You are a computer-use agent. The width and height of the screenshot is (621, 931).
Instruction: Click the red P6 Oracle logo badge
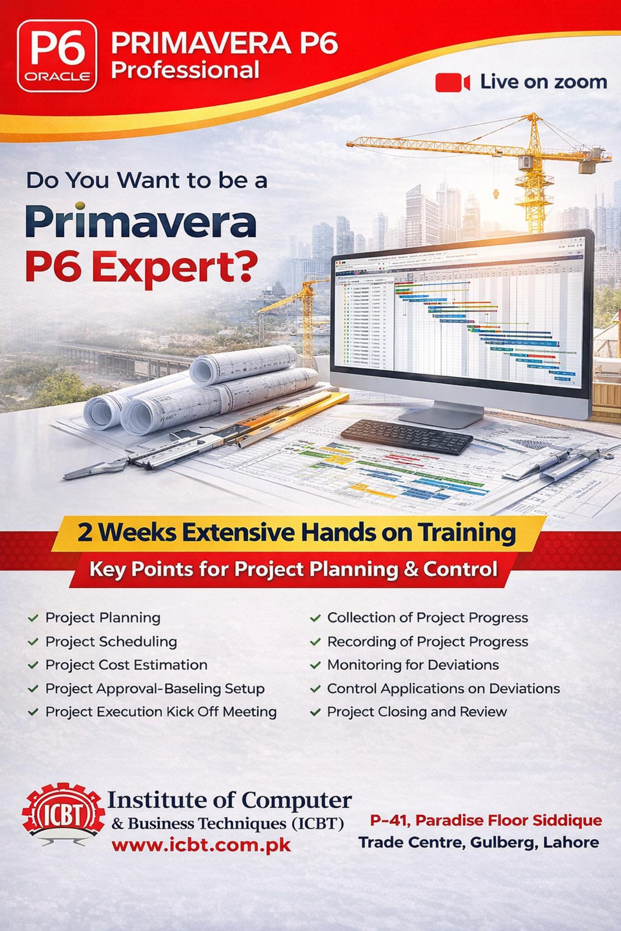tap(57, 55)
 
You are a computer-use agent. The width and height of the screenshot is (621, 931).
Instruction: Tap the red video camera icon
tap(452, 83)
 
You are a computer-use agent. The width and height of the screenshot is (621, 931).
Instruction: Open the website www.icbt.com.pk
tap(201, 845)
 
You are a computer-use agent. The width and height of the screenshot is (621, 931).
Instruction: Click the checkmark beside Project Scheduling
tap(33, 642)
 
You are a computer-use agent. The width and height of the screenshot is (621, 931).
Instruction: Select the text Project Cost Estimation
tap(126, 665)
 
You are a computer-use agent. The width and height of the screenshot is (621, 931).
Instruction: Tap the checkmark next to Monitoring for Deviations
tap(315, 665)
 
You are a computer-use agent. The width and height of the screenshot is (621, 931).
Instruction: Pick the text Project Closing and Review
tap(417, 711)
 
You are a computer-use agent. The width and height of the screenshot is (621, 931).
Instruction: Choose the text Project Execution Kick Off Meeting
tap(161, 711)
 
